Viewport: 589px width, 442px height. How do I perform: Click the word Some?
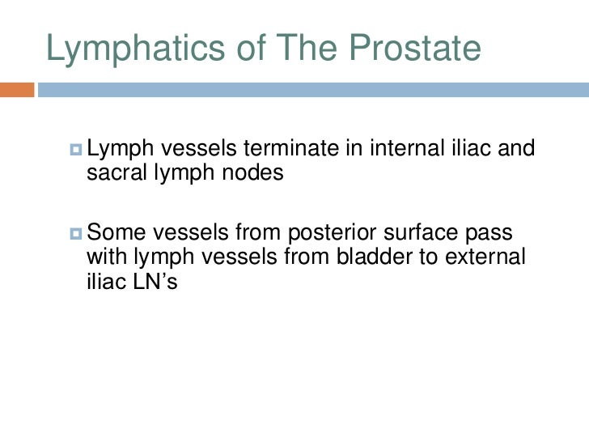[113, 235]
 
